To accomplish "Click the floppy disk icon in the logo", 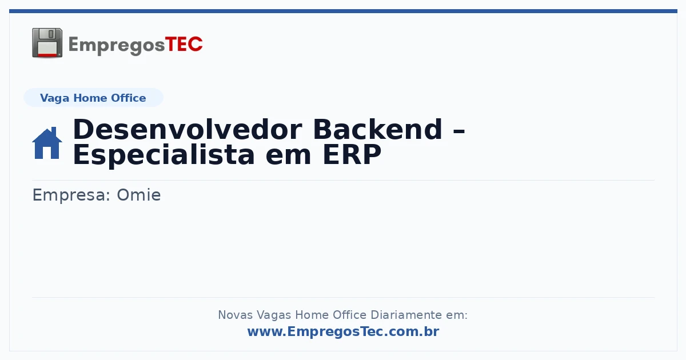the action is pyautogui.click(x=47, y=43).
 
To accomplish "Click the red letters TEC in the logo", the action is pyautogui.click(x=184, y=44).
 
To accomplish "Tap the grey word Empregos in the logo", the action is pyautogui.click(x=117, y=46).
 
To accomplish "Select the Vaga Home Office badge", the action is pyautogui.click(x=93, y=98).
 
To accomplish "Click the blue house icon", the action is pyautogui.click(x=47, y=143).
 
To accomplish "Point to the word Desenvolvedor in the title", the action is pyautogui.click(x=188, y=130).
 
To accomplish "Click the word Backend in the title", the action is pyautogui.click(x=378, y=130).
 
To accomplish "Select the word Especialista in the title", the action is pyautogui.click(x=163, y=155).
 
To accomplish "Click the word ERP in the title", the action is pyautogui.click(x=352, y=155).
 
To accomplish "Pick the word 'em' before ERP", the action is pyautogui.click(x=289, y=158).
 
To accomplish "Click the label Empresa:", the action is pyautogui.click(x=71, y=195).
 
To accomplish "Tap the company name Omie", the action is pyautogui.click(x=139, y=195).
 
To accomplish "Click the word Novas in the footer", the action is pyautogui.click(x=235, y=315).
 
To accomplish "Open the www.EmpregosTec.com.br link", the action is pyautogui.click(x=344, y=331).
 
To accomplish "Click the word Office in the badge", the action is pyautogui.click(x=128, y=98).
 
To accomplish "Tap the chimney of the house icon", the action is pyautogui.click(x=54, y=131).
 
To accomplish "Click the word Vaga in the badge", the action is pyautogui.click(x=54, y=98).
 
